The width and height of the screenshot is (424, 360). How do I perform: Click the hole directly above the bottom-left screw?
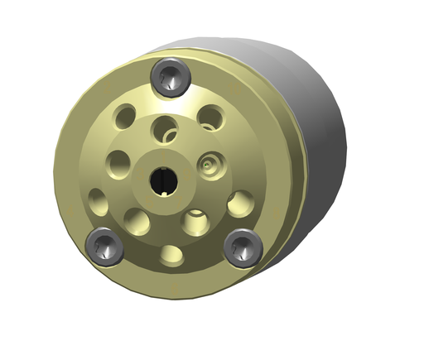point(98,200)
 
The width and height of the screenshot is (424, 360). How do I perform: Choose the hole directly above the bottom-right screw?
point(240,201)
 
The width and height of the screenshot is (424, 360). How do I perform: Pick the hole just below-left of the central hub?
point(137,221)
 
